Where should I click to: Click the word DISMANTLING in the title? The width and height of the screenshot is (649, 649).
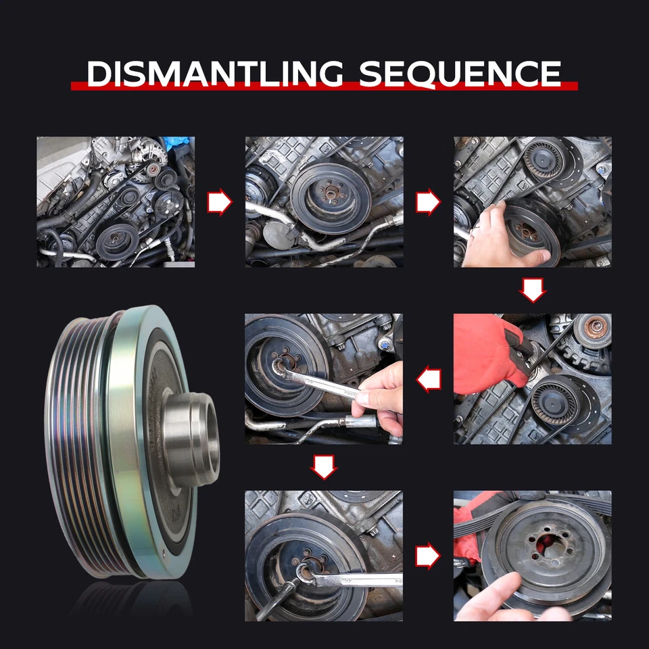point(215,74)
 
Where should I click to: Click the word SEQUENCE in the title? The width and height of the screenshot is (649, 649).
point(460,74)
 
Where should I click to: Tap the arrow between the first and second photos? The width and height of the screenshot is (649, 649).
point(220,202)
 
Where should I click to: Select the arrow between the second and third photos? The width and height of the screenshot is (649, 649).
point(429,202)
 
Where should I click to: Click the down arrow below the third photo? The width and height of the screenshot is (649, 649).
point(533,290)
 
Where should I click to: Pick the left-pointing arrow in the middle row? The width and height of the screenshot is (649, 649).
point(429,379)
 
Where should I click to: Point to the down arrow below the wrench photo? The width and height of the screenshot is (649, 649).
point(324,467)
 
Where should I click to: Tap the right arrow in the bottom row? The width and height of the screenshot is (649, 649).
point(428,556)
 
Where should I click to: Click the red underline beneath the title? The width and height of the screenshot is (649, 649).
point(324,86)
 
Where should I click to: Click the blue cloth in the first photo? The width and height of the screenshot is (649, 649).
point(178,143)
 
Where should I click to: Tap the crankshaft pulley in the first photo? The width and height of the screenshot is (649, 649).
point(118,242)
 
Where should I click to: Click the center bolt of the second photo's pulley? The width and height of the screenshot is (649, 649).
point(330,193)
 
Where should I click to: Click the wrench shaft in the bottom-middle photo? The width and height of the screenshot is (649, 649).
point(356,579)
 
